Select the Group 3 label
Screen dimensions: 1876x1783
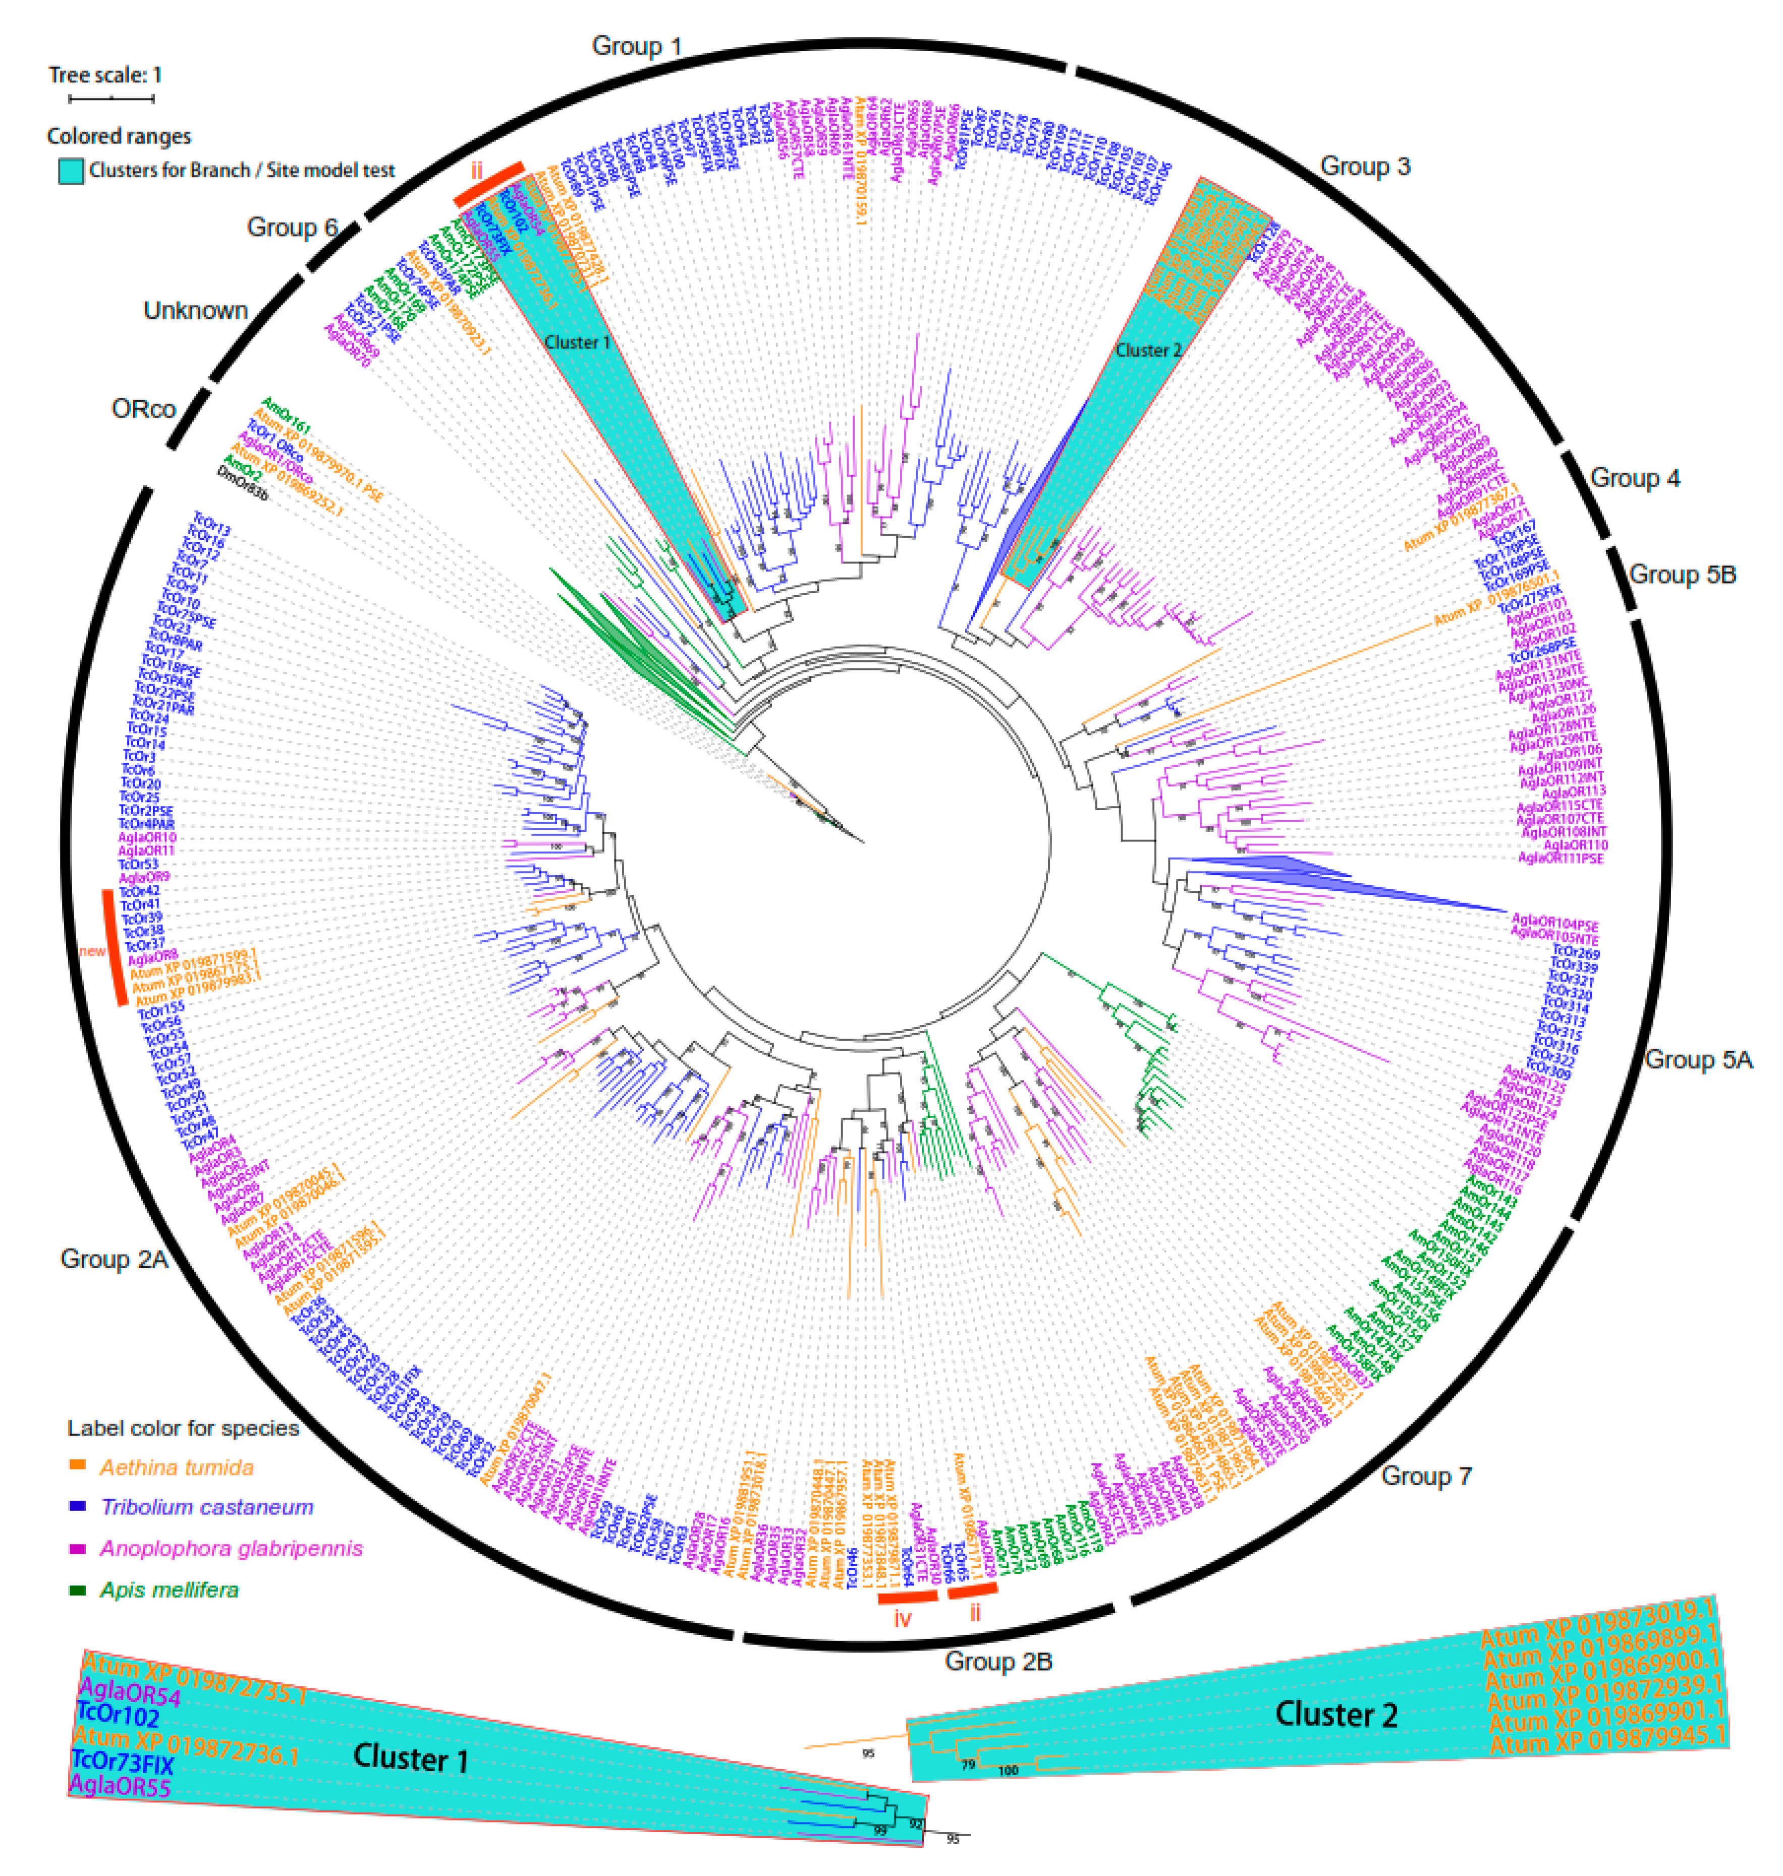click(x=1365, y=166)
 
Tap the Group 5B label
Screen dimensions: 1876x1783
click(x=1682, y=574)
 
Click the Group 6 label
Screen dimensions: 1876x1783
click(x=292, y=227)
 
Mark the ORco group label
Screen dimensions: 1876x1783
click(x=143, y=409)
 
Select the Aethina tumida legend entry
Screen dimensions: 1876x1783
click(x=176, y=1467)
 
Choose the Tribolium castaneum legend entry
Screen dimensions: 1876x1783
click(x=206, y=1507)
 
